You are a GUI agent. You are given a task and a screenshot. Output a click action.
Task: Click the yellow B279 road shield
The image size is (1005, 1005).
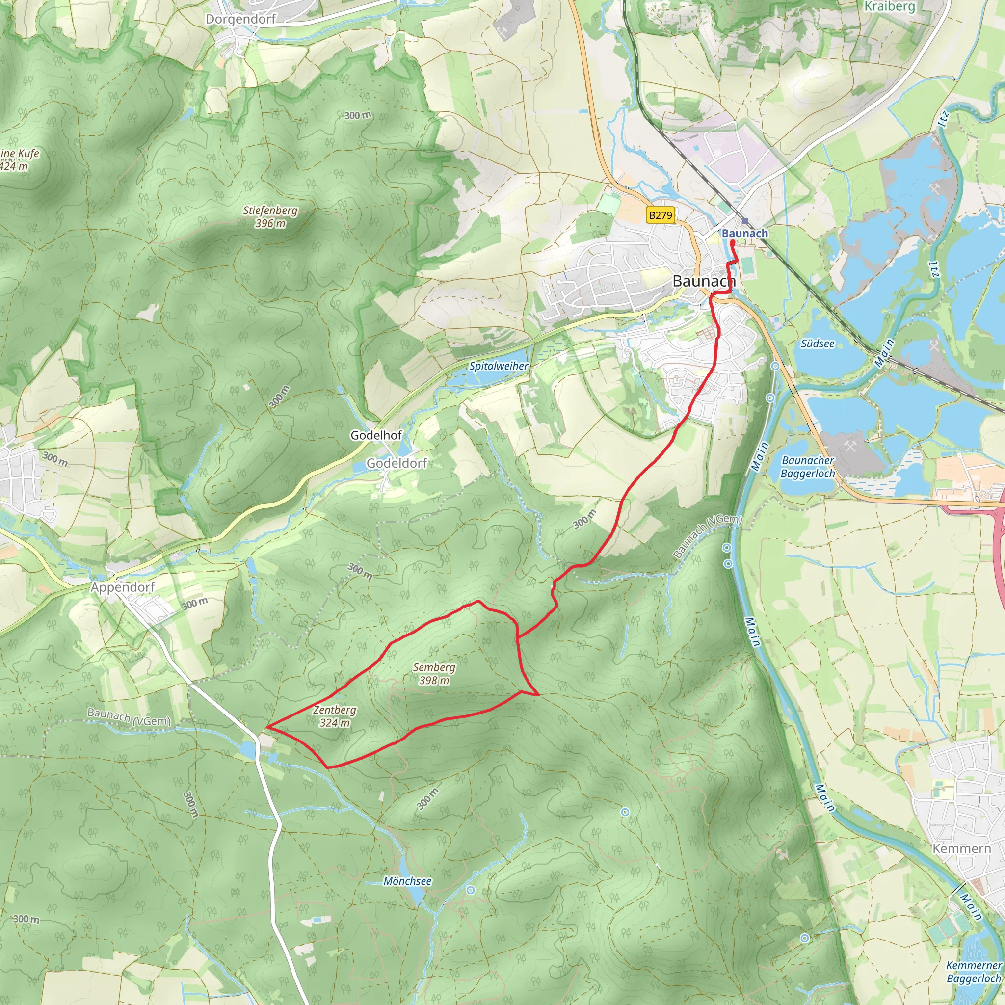[x=661, y=215]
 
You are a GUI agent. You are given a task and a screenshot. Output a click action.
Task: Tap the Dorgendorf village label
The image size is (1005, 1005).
[x=240, y=19]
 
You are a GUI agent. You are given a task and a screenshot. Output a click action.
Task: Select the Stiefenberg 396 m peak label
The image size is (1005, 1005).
[x=270, y=217]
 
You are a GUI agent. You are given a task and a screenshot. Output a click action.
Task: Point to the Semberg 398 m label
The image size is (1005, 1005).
[x=434, y=674]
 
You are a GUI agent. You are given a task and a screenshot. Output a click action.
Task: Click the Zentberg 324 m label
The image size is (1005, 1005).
[x=335, y=716]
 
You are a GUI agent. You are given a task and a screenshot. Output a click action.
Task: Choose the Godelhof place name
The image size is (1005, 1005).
[x=375, y=435]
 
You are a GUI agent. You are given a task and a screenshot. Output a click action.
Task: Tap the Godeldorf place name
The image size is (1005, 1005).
[x=397, y=463]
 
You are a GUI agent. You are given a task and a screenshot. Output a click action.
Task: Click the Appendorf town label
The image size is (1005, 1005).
[x=123, y=587]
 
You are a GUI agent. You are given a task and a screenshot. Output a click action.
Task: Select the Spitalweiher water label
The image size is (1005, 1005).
[x=499, y=366]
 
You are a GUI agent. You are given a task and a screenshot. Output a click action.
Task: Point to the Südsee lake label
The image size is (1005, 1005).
[x=817, y=344]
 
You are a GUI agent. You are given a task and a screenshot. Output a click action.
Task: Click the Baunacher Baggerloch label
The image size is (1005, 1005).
[x=807, y=467]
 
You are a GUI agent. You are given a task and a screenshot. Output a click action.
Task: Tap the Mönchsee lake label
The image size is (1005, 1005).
[x=407, y=881]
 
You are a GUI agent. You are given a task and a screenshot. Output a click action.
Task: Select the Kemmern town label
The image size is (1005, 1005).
[x=961, y=848]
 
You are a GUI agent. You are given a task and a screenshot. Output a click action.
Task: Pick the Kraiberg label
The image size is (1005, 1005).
[x=889, y=7]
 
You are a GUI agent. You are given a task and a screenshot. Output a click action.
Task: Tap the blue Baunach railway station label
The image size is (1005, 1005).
[x=744, y=234]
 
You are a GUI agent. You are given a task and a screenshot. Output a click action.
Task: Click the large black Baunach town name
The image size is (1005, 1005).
[x=704, y=281]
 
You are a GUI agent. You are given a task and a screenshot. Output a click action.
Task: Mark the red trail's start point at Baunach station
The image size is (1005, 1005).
[x=732, y=242]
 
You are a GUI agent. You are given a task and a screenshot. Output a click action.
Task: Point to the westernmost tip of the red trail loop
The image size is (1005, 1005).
[x=267, y=726]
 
